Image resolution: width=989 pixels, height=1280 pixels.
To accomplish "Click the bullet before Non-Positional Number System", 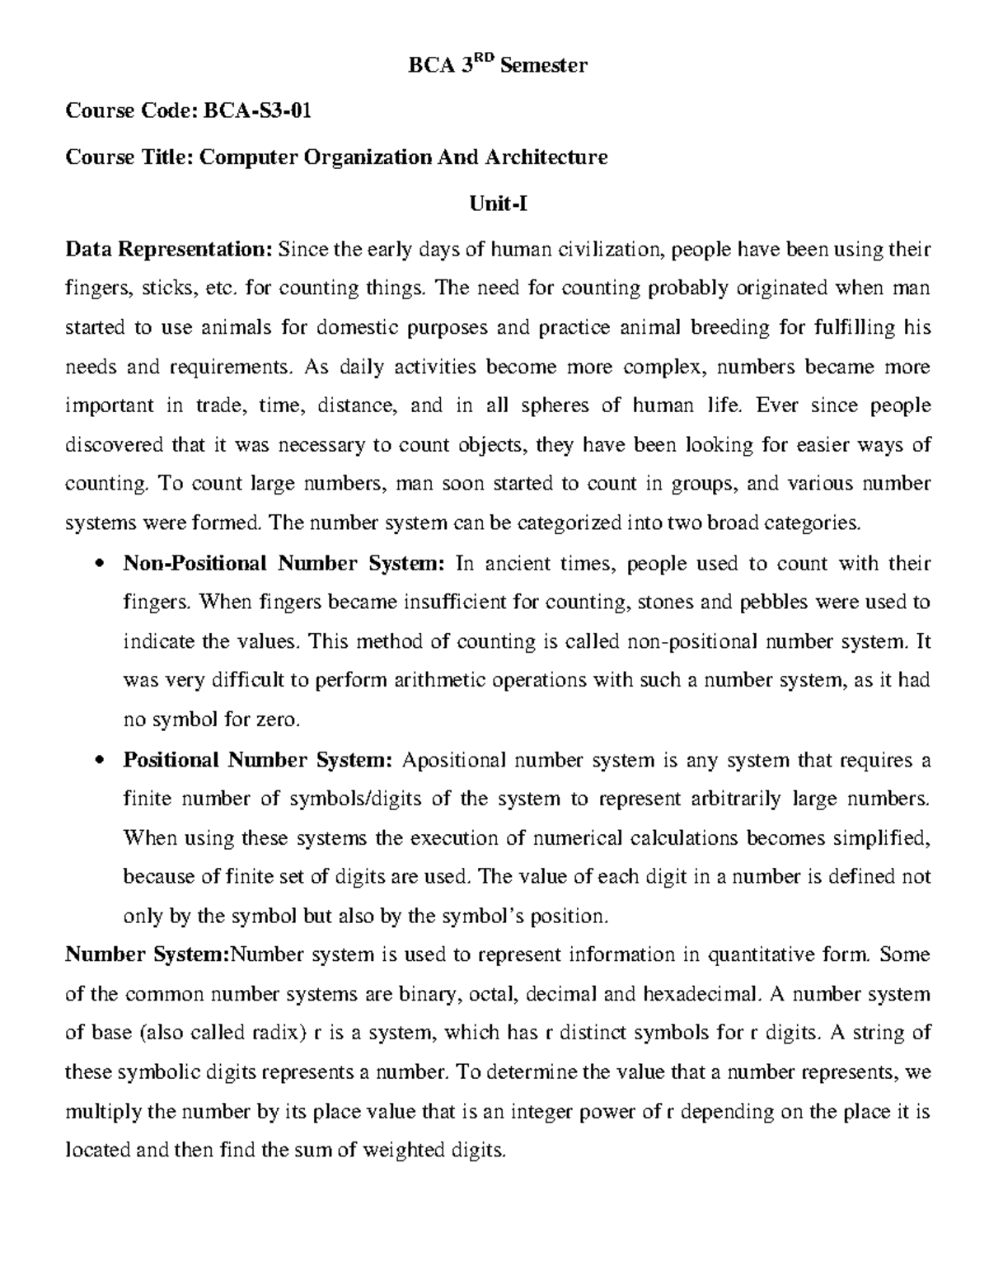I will point(100,565).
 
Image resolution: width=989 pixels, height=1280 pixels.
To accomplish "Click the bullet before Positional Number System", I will point(100,761).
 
